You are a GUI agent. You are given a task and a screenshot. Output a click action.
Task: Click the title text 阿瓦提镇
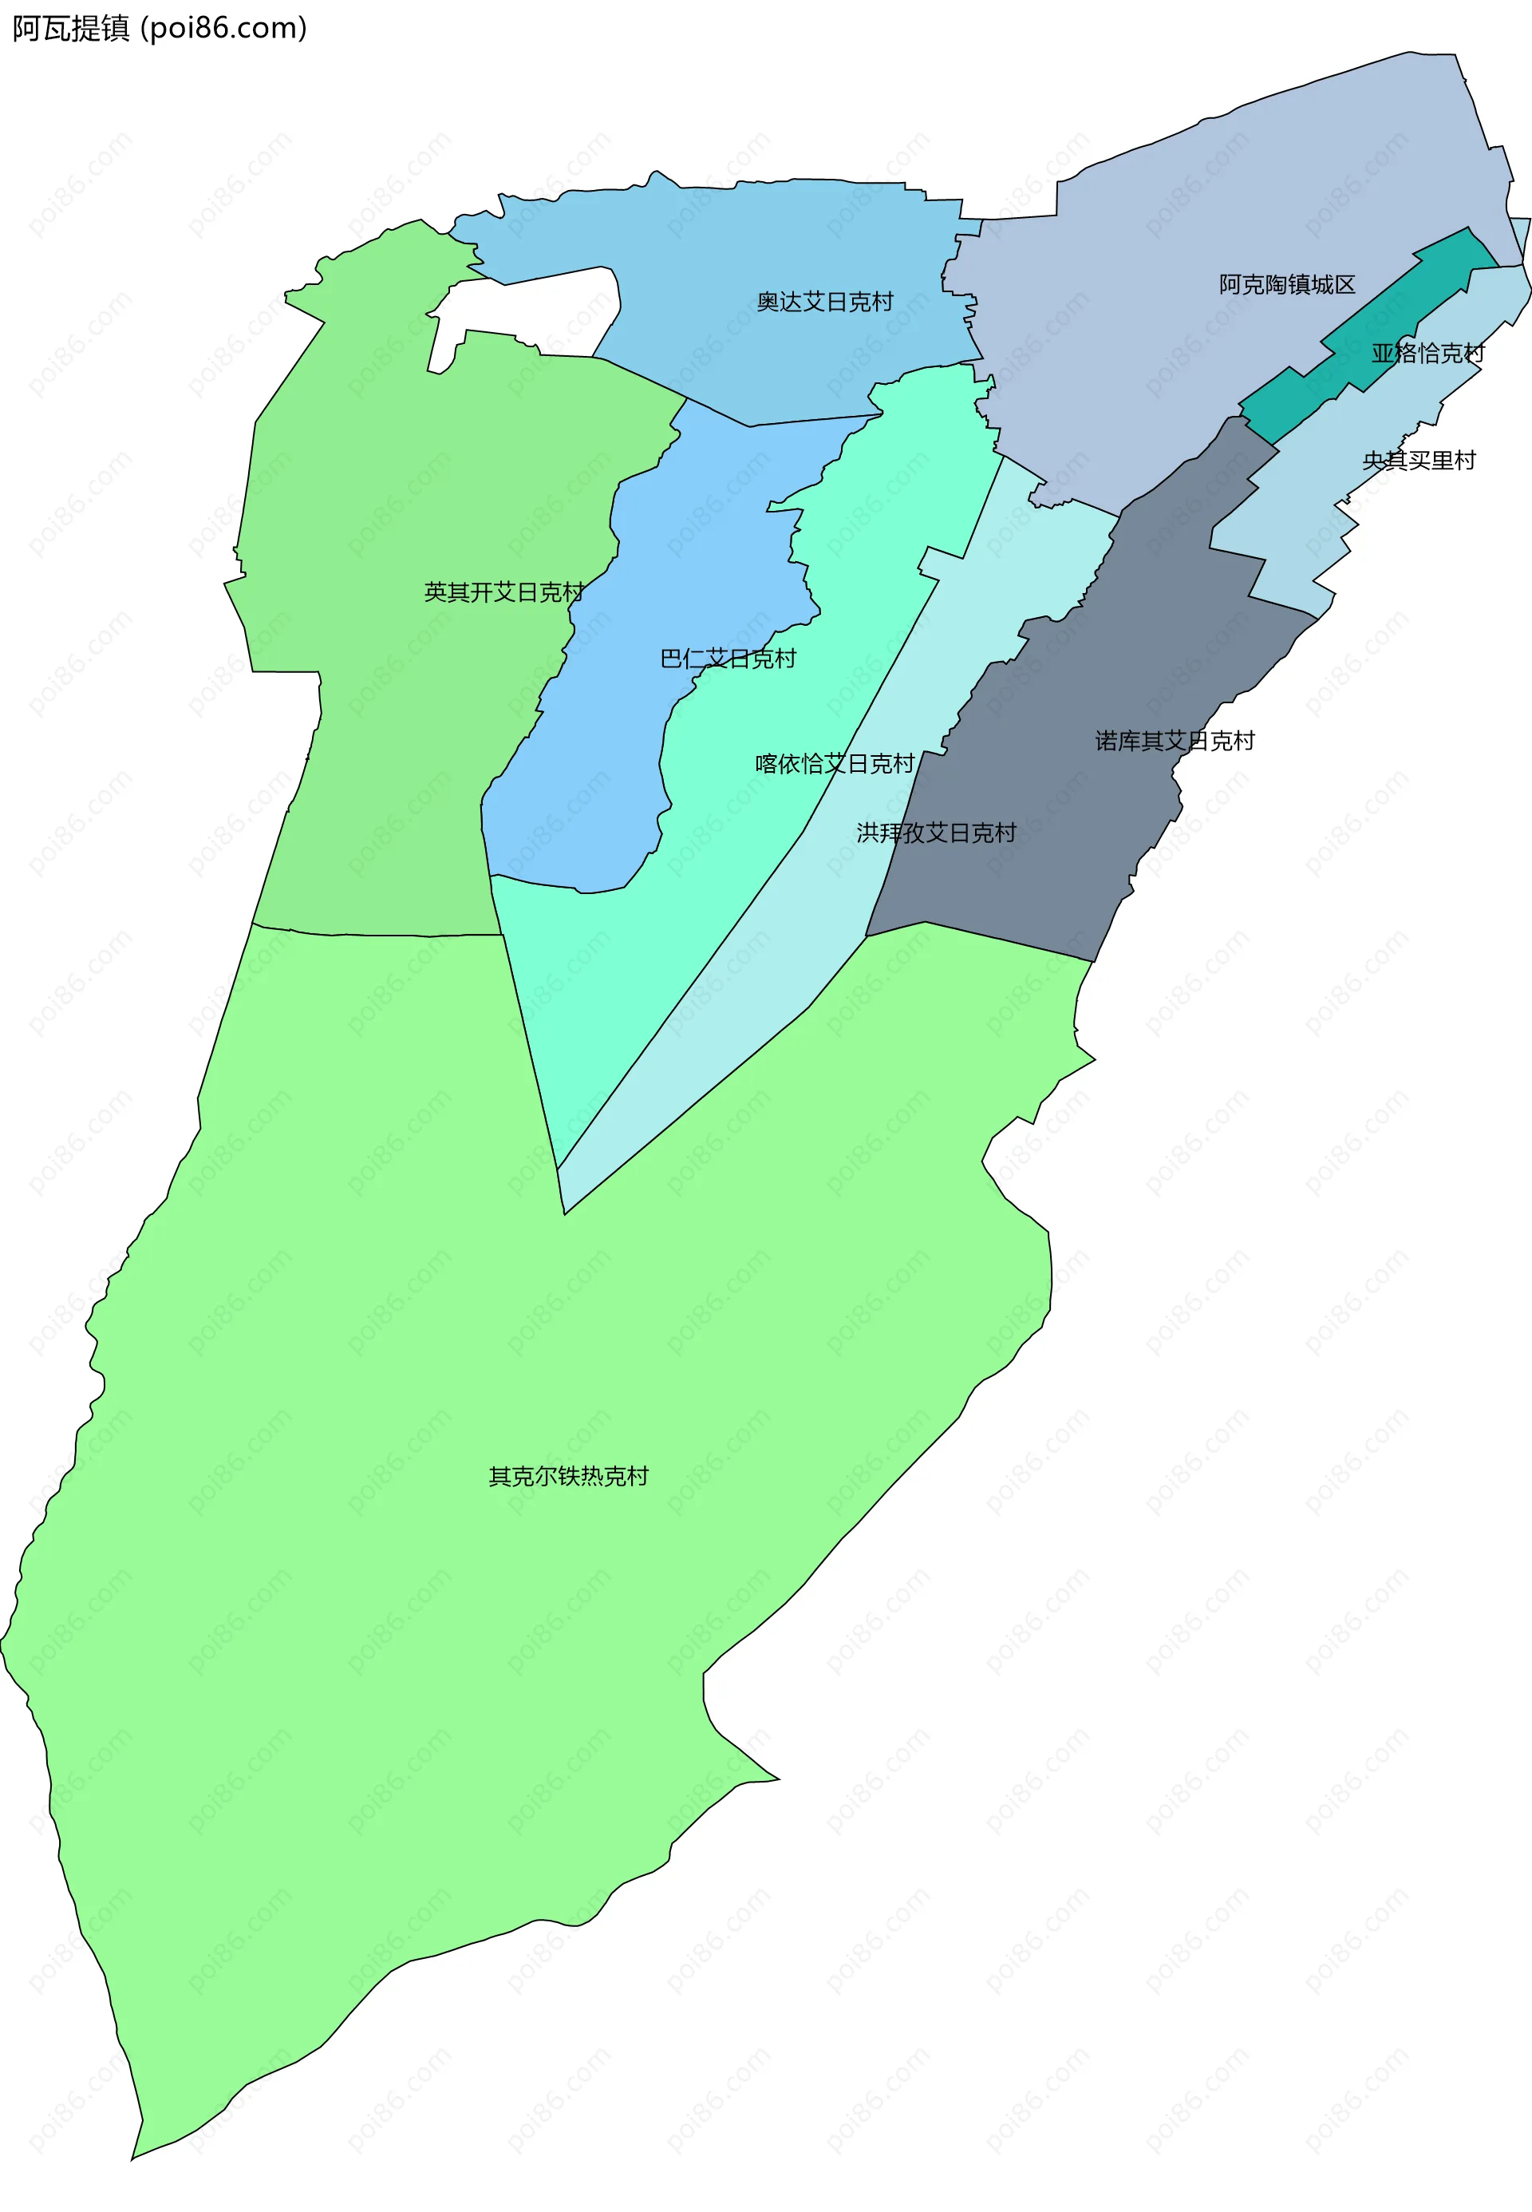point(71,29)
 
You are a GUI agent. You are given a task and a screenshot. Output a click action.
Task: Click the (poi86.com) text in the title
point(223,29)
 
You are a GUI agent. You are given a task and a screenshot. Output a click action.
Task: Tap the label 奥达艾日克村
point(824,303)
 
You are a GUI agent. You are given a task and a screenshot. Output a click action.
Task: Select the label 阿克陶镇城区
point(1286,285)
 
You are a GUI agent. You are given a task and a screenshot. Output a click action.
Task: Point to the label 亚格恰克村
point(1427,354)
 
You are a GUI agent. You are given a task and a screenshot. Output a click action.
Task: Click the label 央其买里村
point(1418,461)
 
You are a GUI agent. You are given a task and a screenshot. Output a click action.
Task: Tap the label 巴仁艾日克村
point(728,659)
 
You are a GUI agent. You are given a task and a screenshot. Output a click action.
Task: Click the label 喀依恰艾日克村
point(834,764)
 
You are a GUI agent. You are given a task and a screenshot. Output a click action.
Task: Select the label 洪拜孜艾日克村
point(936,833)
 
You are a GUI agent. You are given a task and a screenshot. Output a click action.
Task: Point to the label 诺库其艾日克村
point(1174,741)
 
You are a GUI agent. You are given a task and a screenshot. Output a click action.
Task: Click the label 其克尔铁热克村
point(568,1477)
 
